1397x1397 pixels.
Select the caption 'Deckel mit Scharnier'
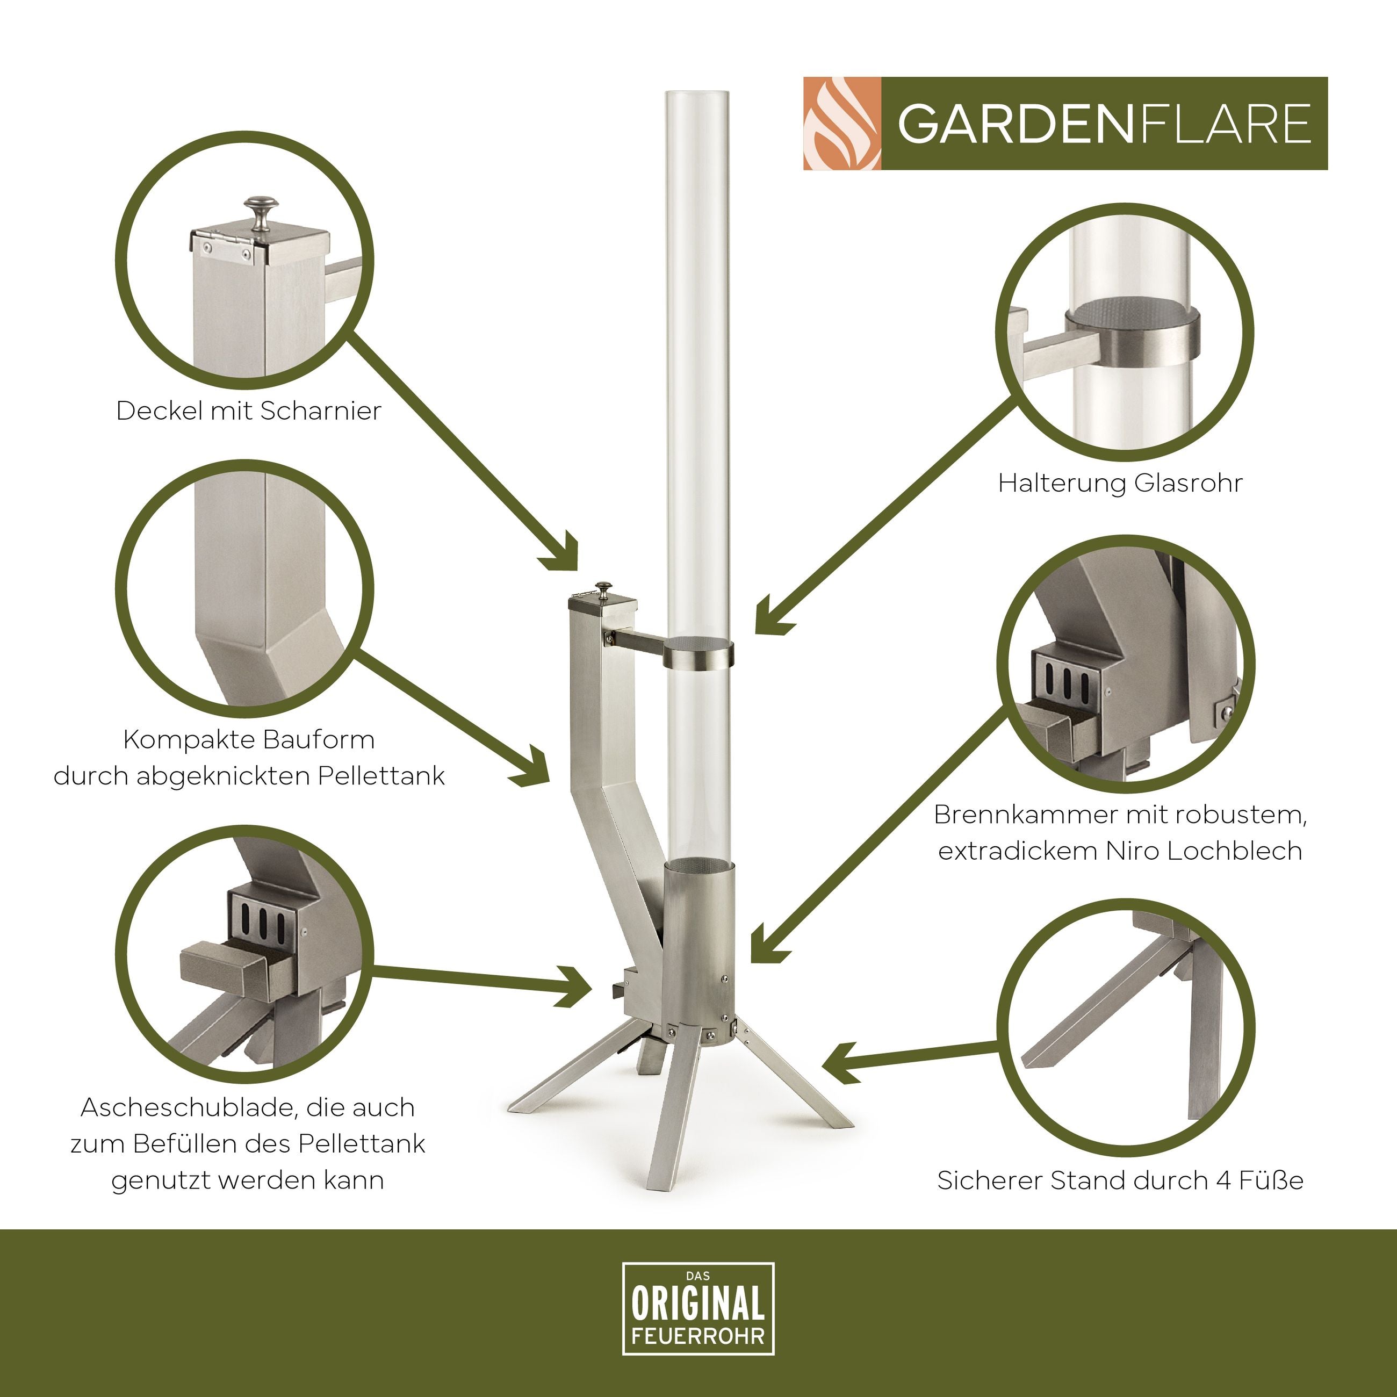(x=249, y=411)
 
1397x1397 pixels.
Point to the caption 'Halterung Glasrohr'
(x=1120, y=483)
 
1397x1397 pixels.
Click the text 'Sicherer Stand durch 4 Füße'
(x=1120, y=1180)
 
